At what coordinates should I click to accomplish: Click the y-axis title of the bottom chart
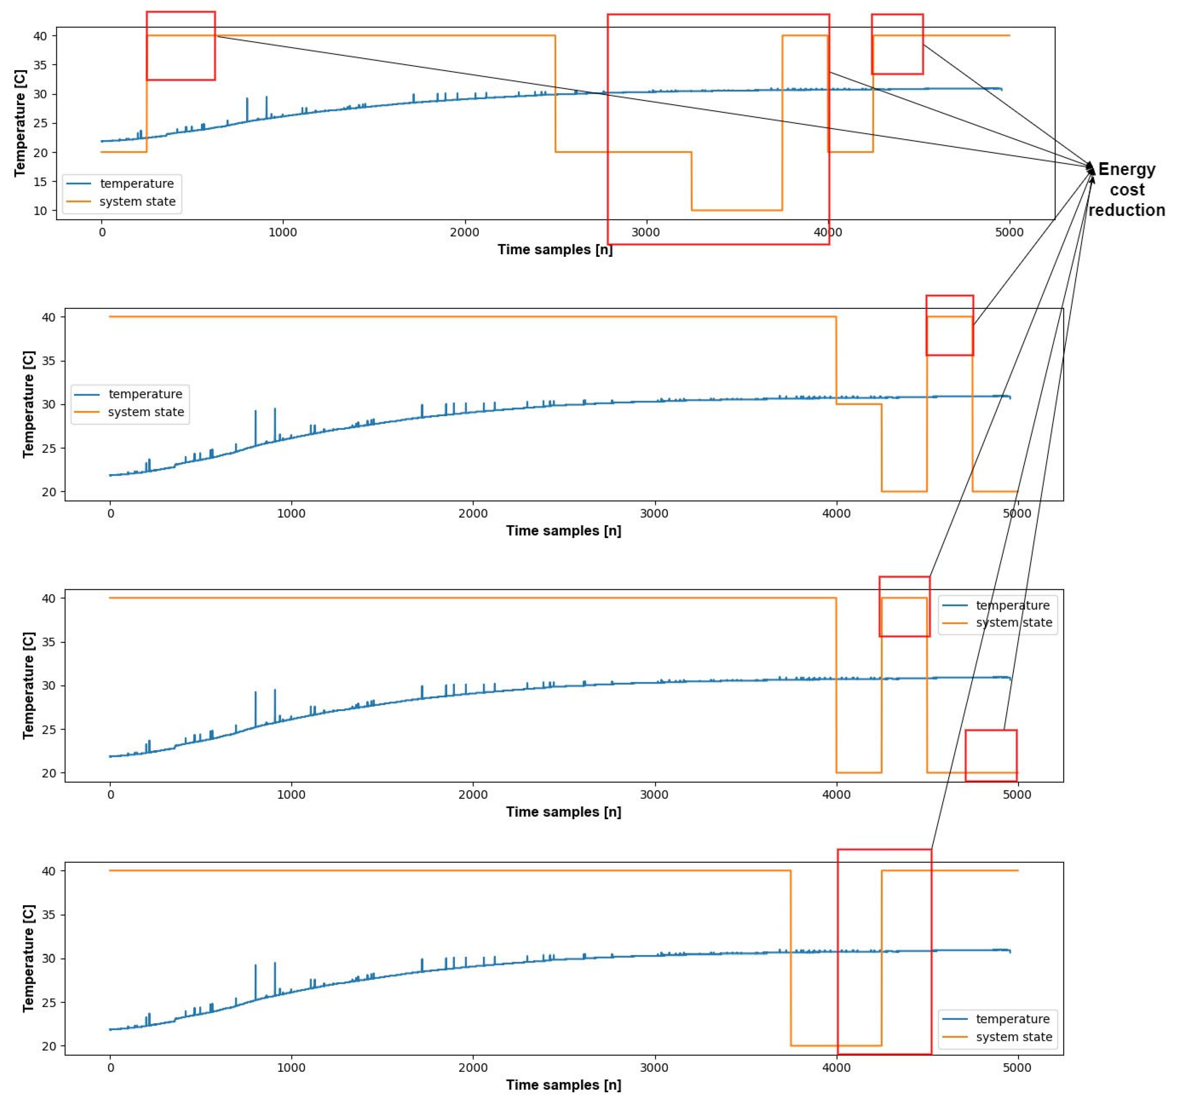(28, 958)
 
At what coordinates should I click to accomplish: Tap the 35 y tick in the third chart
(48, 642)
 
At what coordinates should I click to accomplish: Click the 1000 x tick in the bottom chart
(291, 1068)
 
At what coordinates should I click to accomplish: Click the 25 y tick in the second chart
(48, 448)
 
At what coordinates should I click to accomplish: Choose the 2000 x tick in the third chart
(473, 795)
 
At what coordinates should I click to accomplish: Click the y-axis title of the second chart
(28, 404)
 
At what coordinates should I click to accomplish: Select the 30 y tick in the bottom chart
(48, 959)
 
